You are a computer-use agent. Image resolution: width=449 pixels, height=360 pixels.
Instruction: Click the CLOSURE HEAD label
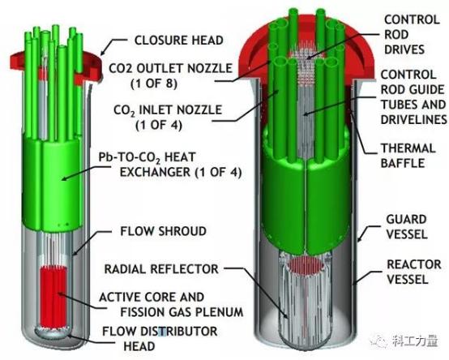[x=178, y=40]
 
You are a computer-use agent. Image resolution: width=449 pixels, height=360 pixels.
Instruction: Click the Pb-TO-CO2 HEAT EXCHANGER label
[x=170, y=165]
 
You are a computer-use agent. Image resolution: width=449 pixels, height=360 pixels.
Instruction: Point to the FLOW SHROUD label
[x=163, y=231]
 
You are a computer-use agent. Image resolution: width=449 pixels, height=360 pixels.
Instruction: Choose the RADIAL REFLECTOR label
[x=161, y=269]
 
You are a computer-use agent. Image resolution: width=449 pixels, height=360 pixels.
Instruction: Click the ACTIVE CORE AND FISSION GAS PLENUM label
[x=171, y=304]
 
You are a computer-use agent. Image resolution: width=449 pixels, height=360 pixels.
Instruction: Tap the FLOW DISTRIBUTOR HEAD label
[x=160, y=339]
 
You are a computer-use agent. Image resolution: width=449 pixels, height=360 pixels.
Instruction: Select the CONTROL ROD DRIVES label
[x=412, y=35]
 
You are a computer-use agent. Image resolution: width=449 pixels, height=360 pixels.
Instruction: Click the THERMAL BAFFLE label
[x=408, y=156]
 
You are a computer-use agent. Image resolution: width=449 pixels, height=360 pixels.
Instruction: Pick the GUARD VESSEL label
[x=407, y=226]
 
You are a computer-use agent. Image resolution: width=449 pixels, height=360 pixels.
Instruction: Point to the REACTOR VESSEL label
[x=414, y=272]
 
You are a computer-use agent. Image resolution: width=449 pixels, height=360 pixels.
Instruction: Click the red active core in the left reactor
[x=53, y=298]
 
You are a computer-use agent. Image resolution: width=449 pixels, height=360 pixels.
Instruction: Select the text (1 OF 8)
[x=154, y=84]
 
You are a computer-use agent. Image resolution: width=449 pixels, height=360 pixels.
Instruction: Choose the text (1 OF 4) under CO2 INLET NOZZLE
[x=159, y=126]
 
